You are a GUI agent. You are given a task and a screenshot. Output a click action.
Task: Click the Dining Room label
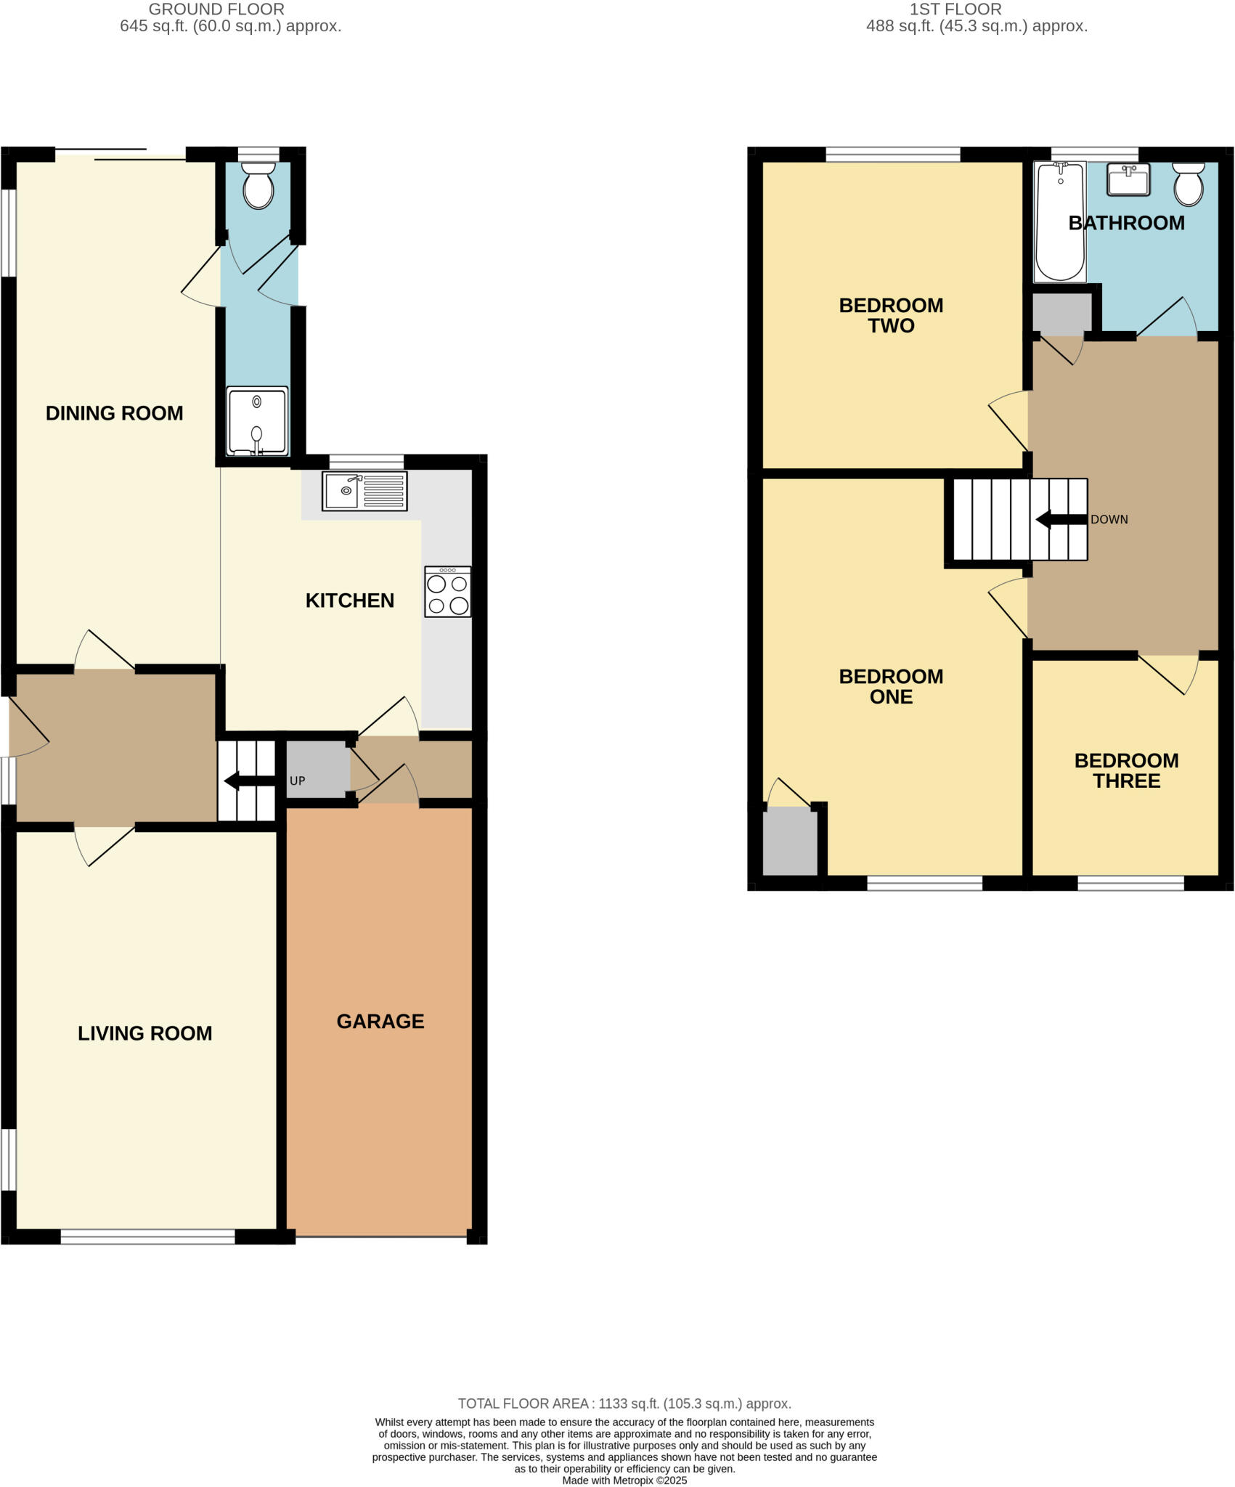coord(114,413)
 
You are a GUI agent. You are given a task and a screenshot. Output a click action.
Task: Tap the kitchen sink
coord(364,491)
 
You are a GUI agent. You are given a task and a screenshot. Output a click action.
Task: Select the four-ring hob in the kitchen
coord(447,592)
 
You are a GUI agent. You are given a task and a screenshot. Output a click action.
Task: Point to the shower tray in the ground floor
coord(257,421)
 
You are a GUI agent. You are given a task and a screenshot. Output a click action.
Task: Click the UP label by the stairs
coord(297,781)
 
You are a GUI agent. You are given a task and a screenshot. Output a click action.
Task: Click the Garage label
coord(380,1022)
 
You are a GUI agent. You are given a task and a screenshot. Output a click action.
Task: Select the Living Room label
coord(144,1033)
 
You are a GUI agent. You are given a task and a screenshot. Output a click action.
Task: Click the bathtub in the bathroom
coord(1059,221)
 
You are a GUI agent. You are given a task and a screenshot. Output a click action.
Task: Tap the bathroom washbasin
coord(1128,179)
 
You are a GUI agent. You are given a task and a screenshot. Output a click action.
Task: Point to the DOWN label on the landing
coord(1109,520)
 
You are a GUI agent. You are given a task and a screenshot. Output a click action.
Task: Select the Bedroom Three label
coord(1126,770)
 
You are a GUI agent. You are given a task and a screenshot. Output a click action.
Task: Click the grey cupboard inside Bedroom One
coord(790,842)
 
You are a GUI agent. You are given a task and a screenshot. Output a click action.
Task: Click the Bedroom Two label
coord(891,315)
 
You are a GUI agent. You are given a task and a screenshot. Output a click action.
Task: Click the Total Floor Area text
coord(624,1404)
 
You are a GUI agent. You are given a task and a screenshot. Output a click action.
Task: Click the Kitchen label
coord(349,600)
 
